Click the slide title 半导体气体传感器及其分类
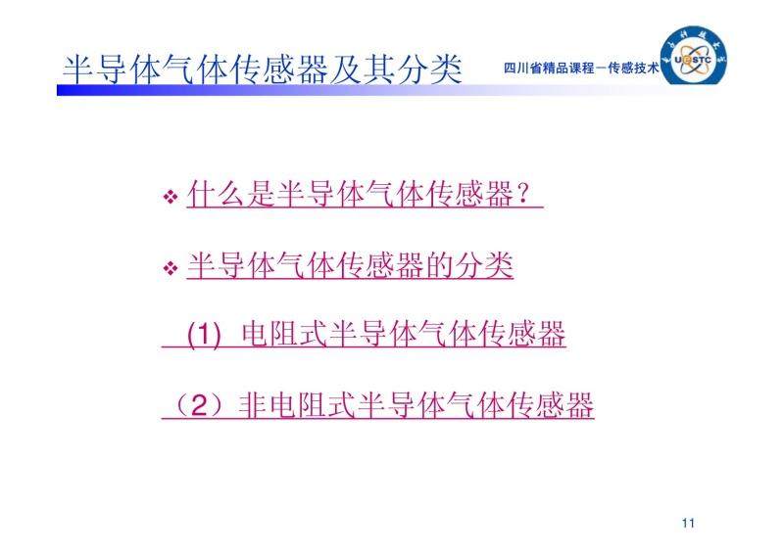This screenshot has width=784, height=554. [262, 69]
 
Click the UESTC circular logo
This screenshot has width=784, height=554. [693, 57]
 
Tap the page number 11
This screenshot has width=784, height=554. [688, 523]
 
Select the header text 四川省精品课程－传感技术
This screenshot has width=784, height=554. [581, 68]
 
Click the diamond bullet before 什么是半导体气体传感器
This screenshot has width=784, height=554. [171, 196]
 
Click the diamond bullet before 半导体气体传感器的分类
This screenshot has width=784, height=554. [171, 268]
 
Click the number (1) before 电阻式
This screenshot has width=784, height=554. [204, 334]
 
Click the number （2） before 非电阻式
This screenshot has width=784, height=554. [199, 405]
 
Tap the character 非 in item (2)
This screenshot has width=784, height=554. [253, 405]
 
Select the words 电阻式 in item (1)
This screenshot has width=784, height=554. [284, 334]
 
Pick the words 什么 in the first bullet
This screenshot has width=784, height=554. [216, 194]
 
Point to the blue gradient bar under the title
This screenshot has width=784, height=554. [350, 90]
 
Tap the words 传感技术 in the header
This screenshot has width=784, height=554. [633, 68]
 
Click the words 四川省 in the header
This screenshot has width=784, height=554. [523, 68]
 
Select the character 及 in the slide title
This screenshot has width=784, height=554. [346, 69]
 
